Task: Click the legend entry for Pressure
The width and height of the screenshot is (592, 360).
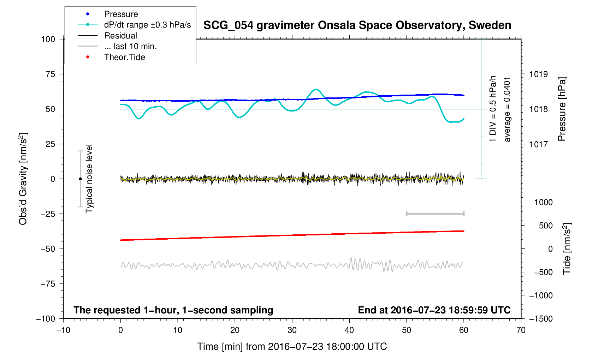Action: pyautogui.click(x=121, y=14)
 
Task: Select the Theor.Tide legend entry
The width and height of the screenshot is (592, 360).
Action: pyautogui.click(x=124, y=57)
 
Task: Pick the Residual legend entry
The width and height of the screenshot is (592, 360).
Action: pyautogui.click(x=120, y=36)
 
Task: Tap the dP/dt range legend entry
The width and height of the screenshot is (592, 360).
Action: pyautogui.click(x=147, y=25)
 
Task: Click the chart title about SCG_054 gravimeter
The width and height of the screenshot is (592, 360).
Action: pyautogui.click(x=357, y=25)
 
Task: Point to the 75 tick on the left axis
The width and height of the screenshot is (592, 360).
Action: pyautogui.click(x=50, y=74)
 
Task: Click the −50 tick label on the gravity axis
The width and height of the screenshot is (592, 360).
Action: pyautogui.click(x=48, y=249)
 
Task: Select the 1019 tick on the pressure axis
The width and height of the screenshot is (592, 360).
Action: pyautogui.click(x=538, y=74)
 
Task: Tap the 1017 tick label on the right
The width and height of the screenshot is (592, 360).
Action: pyautogui.click(x=538, y=144)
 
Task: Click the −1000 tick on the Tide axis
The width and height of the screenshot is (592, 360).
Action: pyautogui.click(x=540, y=295)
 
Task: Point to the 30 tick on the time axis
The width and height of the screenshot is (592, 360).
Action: pyautogui.click(x=292, y=330)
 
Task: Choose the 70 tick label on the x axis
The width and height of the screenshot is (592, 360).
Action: pyautogui.click(x=521, y=330)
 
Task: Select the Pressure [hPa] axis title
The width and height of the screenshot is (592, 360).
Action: pyautogui.click(x=562, y=109)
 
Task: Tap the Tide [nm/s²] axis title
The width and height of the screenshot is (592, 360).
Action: pyautogui.click(x=567, y=249)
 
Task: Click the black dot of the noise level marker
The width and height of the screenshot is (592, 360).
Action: pyautogui.click(x=80, y=179)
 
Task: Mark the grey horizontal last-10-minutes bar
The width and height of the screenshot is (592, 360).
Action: pyautogui.click(x=435, y=214)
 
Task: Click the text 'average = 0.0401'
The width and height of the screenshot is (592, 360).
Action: pyautogui.click(x=507, y=109)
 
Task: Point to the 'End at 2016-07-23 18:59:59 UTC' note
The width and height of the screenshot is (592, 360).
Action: pyautogui.click(x=434, y=310)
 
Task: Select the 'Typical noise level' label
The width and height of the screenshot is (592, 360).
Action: pyautogui.click(x=89, y=179)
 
